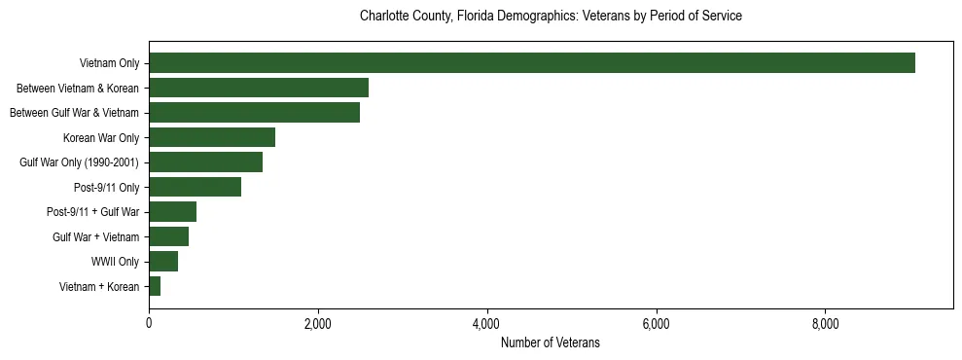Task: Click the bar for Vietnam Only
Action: (532, 63)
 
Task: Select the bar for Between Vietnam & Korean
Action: (259, 88)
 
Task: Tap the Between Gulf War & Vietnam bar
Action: (255, 113)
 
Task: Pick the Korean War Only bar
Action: (212, 137)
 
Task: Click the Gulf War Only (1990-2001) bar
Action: (206, 162)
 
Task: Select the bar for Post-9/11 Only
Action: (196, 187)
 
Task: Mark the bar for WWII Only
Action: (163, 262)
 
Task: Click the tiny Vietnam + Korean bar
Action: (155, 286)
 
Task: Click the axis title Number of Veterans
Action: (550, 343)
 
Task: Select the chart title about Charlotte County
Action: (551, 17)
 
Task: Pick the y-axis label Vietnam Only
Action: (109, 63)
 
